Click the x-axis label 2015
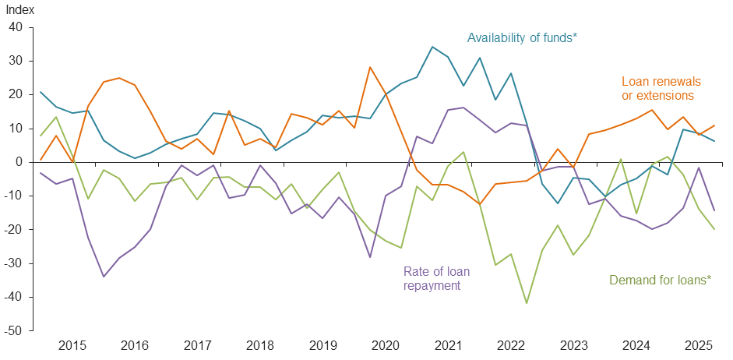[x=72, y=345]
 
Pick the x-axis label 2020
[x=386, y=345]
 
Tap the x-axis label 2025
[x=699, y=345]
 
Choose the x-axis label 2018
[x=260, y=345]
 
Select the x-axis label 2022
[x=511, y=345]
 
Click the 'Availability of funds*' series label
[x=521, y=37]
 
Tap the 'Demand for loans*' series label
[x=659, y=279]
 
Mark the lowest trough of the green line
[x=527, y=303]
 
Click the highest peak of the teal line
[x=432, y=47]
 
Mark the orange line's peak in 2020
[x=370, y=67]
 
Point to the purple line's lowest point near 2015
[x=104, y=277]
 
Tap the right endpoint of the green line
[x=714, y=229]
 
